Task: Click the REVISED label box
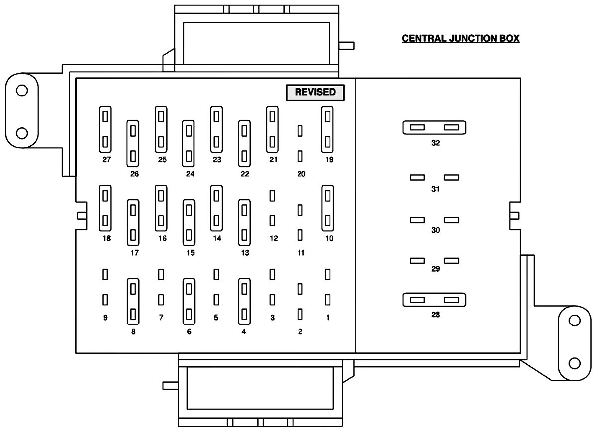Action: click(x=314, y=92)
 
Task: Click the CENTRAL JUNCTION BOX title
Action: click(x=461, y=39)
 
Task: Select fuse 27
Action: click(x=105, y=129)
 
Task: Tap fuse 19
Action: click(x=327, y=129)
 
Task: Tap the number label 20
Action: click(x=300, y=174)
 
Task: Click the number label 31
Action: click(x=436, y=189)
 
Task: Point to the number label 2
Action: click(x=300, y=332)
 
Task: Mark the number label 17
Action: click(x=134, y=253)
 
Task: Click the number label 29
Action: click(x=436, y=269)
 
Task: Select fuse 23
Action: click(x=216, y=129)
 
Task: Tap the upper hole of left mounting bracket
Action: click(x=21, y=91)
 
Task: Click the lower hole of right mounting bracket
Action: click(x=575, y=363)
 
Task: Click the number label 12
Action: click(x=273, y=238)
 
